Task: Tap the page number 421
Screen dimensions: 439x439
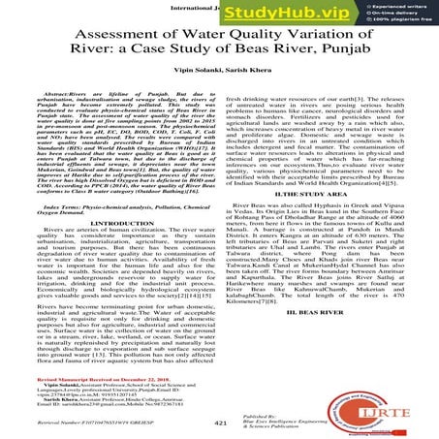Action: tap(219, 423)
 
